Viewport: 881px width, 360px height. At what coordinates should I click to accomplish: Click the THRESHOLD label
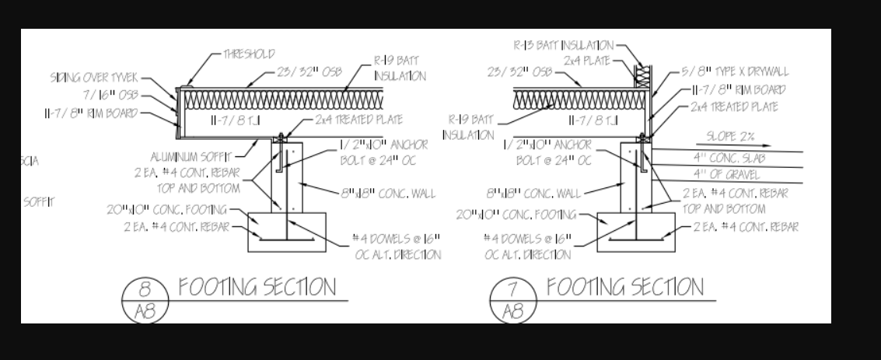click(x=249, y=54)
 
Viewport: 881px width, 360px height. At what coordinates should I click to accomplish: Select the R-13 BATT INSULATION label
click(x=563, y=45)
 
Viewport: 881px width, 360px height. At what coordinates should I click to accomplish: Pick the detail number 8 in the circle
click(x=144, y=289)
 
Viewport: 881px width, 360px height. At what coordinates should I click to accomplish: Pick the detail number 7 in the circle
click(x=512, y=289)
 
